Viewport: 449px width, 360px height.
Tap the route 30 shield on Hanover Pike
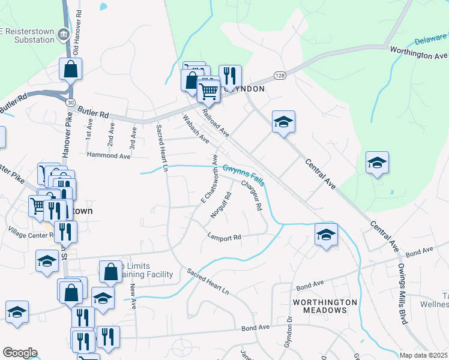(70, 103)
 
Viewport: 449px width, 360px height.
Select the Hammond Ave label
(109, 155)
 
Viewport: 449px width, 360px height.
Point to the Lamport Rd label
(224, 238)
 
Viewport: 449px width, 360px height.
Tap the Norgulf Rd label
(221, 205)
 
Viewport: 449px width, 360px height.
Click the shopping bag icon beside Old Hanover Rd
(71, 70)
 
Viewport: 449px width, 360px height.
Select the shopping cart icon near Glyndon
(208, 92)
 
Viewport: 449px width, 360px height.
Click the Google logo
(20, 353)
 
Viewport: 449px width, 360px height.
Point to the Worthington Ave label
(418, 52)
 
